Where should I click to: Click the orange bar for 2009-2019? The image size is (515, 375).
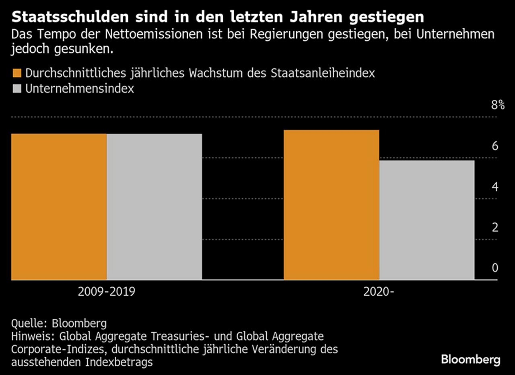(x=59, y=207)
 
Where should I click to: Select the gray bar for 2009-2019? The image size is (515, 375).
(x=154, y=207)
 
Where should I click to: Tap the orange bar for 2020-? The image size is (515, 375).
(x=332, y=205)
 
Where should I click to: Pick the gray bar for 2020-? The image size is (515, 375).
(x=427, y=220)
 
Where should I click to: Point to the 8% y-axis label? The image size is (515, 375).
(x=498, y=105)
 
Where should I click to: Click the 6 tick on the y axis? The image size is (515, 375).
(x=495, y=146)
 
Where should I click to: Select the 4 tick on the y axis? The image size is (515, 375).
(x=495, y=187)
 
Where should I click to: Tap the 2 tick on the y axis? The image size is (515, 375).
(x=495, y=228)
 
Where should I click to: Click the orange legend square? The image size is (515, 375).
(x=16, y=73)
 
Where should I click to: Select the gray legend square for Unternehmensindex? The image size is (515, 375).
(x=16, y=89)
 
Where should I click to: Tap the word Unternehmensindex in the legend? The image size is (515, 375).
(x=79, y=89)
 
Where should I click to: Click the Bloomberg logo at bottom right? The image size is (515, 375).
(x=470, y=359)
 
